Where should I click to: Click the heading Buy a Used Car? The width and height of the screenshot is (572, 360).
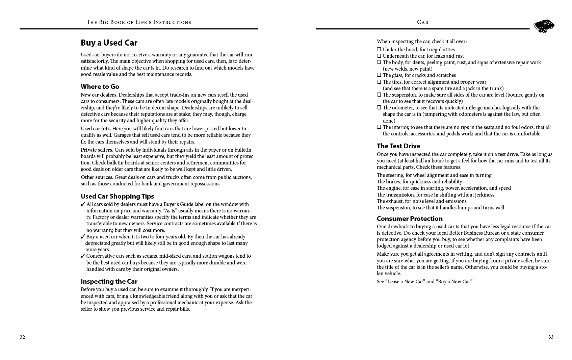[x=109, y=43]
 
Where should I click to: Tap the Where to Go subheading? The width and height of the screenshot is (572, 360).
[x=100, y=86]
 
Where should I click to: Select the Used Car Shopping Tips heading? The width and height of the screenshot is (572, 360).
[x=117, y=196]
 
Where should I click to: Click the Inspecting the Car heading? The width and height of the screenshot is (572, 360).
[x=109, y=281]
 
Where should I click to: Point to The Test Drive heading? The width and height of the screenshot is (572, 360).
[x=398, y=146]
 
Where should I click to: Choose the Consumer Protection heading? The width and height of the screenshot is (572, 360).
[x=410, y=218]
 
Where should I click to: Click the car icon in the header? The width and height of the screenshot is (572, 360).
[x=544, y=26]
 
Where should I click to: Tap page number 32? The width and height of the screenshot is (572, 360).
[x=22, y=337]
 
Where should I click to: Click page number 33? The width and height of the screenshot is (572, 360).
[x=551, y=337]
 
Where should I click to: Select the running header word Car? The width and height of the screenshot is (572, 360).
[x=422, y=22]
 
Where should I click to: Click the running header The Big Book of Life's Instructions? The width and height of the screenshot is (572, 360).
[x=139, y=22]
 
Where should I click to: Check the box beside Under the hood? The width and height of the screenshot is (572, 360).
[x=379, y=50]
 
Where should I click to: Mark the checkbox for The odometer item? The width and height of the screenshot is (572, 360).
[x=379, y=108]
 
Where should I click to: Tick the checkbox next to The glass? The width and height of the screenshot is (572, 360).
[x=379, y=75]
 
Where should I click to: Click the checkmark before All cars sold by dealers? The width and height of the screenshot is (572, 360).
[x=83, y=204]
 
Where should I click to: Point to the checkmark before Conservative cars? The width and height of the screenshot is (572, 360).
[x=83, y=256]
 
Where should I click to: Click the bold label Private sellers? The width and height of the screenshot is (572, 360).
[x=97, y=150]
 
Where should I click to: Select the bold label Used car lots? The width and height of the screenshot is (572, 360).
[x=96, y=129]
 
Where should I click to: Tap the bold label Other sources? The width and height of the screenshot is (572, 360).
[x=97, y=177]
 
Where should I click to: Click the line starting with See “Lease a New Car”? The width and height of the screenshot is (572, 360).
[x=424, y=282]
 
